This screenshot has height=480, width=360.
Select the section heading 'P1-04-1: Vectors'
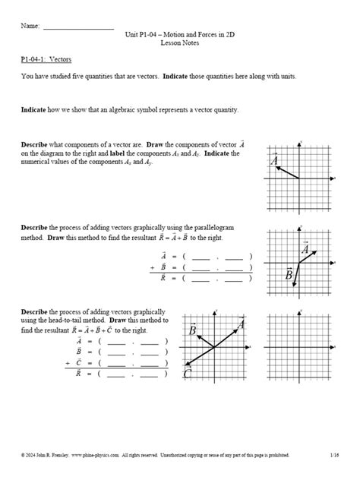click(x=47, y=59)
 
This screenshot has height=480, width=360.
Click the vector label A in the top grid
click(x=273, y=160)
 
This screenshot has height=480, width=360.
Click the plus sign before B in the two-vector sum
click(x=153, y=267)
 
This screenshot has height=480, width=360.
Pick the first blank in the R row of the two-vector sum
click(x=201, y=278)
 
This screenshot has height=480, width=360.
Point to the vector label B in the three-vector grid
click(x=192, y=331)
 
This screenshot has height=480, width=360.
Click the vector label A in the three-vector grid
click(x=242, y=325)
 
